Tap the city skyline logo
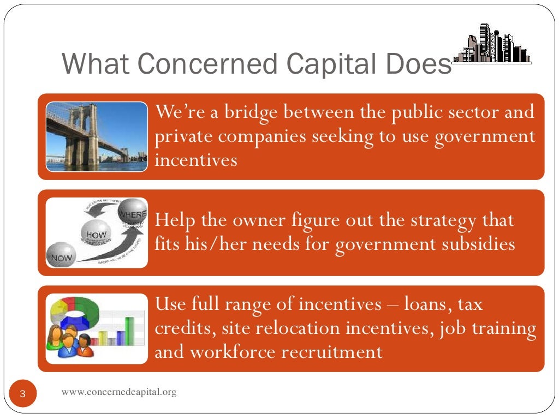coord(492,44)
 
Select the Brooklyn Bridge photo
coord(97,137)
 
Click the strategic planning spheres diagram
coord(97,232)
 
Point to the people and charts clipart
coord(97,328)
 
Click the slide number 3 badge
coord(23,394)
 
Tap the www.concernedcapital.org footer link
coord(119,392)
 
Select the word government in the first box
coord(485,136)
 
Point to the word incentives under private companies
coord(196,160)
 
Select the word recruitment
coord(332,352)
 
